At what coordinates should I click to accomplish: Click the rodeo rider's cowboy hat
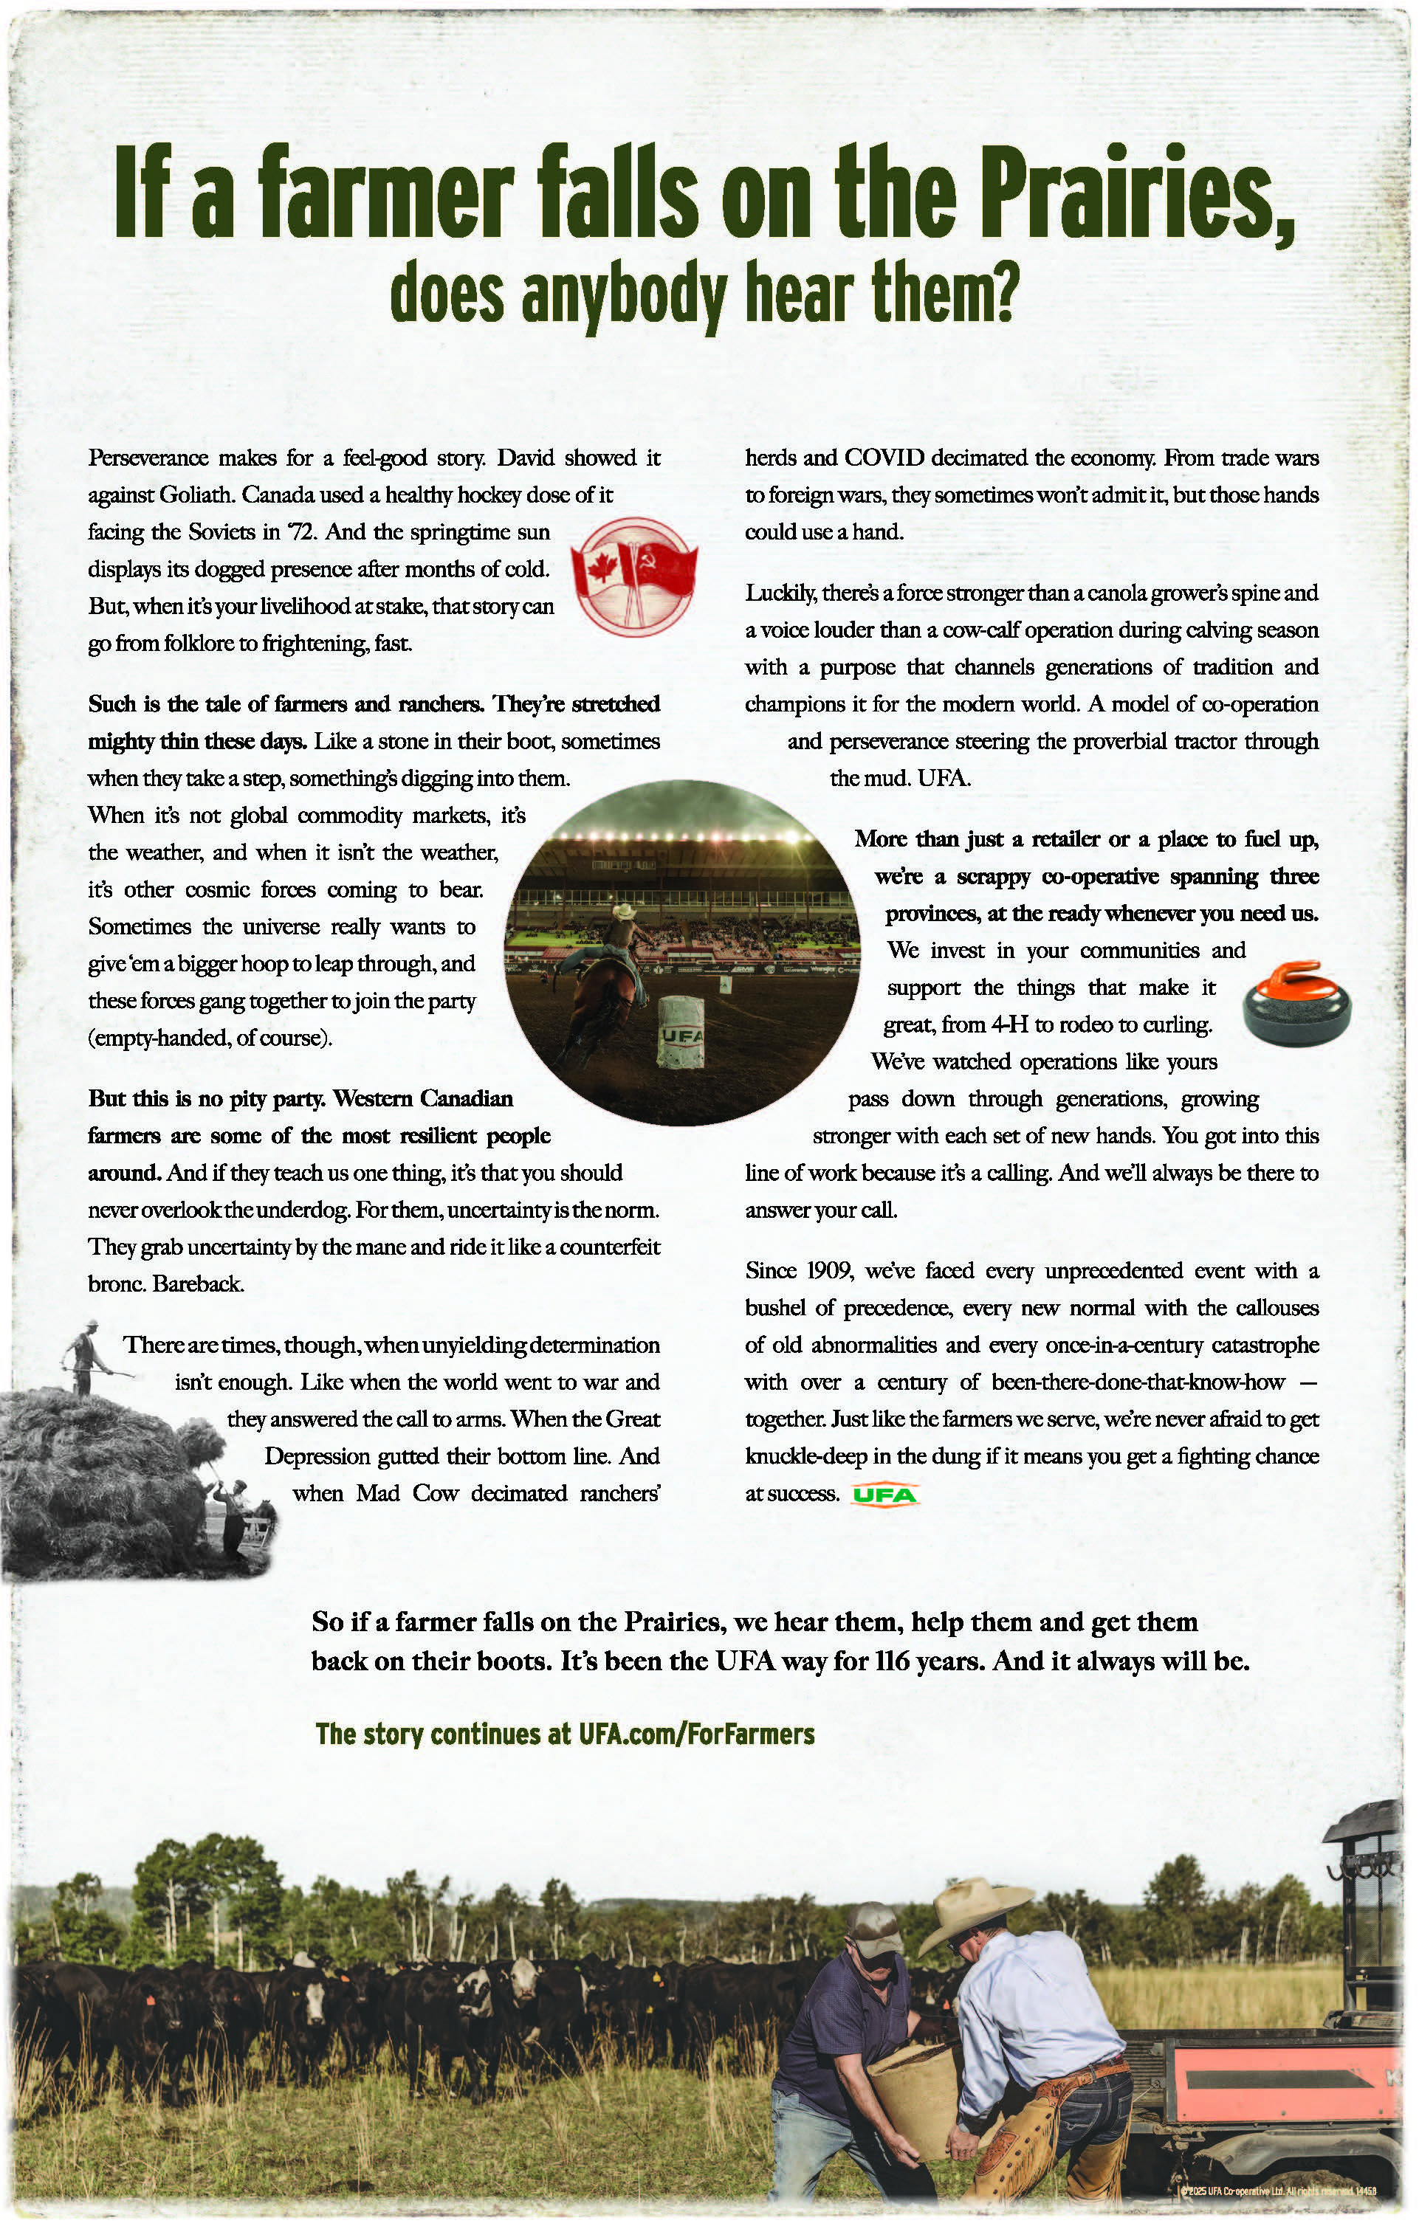click(x=624, y=911)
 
